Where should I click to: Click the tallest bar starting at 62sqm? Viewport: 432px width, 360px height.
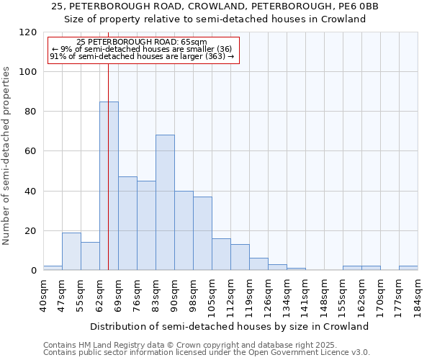coord(109,186)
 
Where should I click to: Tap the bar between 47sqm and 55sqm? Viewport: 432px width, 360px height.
coord(71,251)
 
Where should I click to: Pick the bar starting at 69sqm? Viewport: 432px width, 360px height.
coord(127,223)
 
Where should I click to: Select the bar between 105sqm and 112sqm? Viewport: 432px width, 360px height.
coord(221,254)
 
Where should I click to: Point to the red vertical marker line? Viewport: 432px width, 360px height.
coord(108,144)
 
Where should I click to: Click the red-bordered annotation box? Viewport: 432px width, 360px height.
coord(143,50)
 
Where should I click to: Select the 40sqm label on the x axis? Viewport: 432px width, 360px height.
coord(43,294)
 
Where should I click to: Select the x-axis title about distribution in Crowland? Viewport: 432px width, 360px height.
coord(230,326)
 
